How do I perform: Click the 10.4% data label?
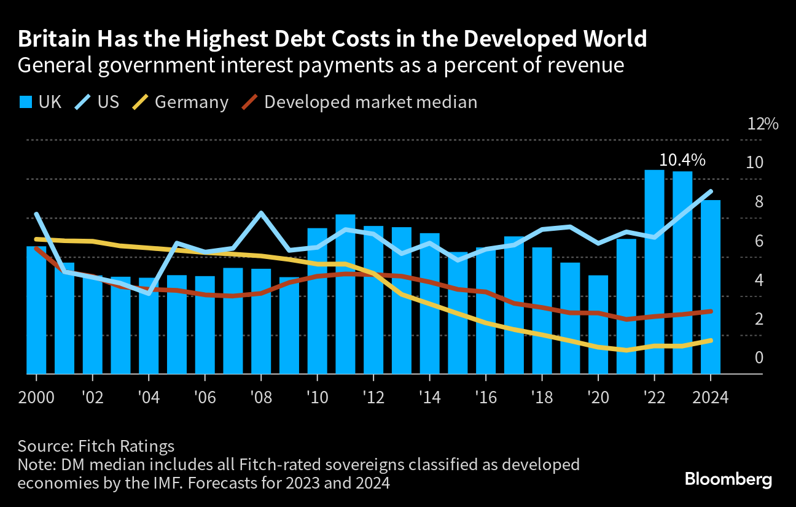click(x=682, y=161)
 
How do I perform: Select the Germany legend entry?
click(x=191, y=102)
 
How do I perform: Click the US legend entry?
click(x=108, y=102)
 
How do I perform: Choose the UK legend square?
click(x=25, y=102)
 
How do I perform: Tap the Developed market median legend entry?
click(x=370, y=102)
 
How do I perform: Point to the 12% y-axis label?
click(x=762, y=124)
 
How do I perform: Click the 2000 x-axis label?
click(x=36, y=398)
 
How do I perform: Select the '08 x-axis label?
click(x=261, y=398)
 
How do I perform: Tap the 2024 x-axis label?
click(x=711, y=398)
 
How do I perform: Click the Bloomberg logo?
click(x=728, y=479)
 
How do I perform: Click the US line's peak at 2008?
click(x=261, y=213)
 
